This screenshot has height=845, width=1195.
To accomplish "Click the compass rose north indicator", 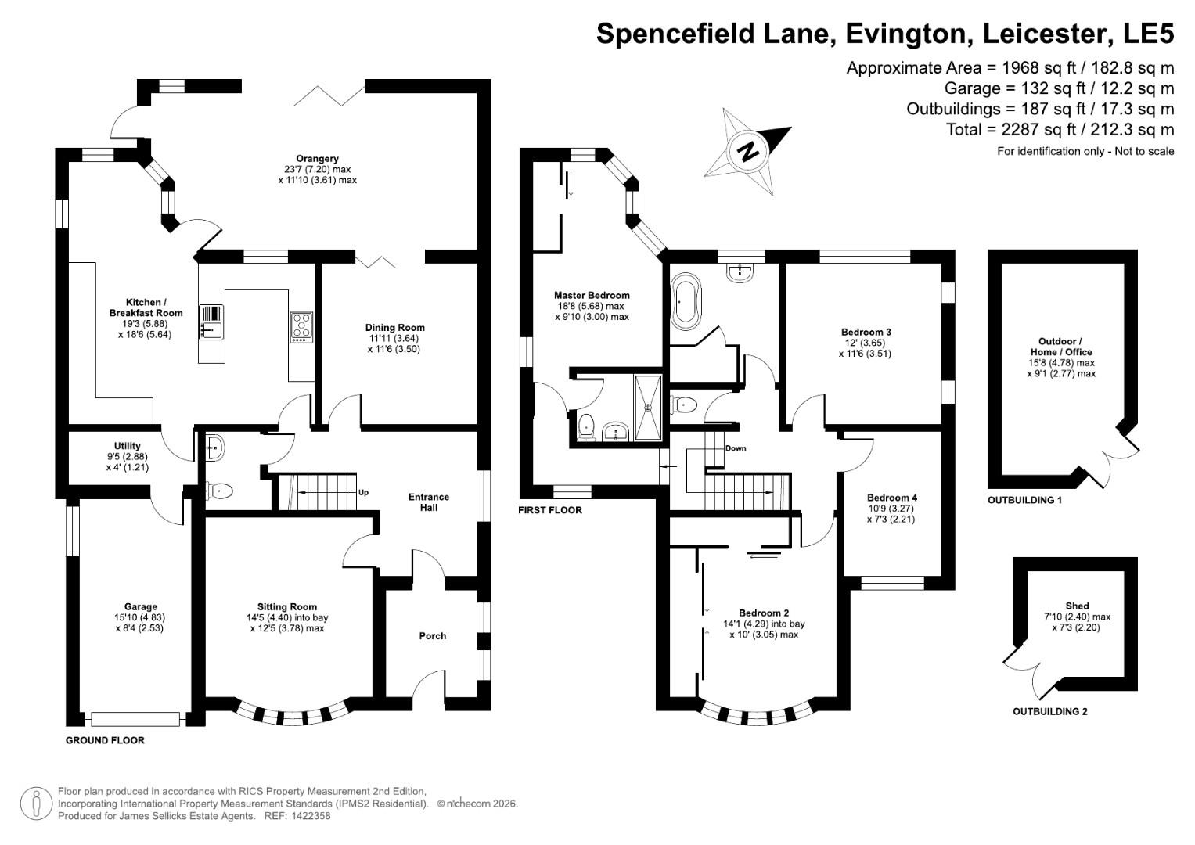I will (749, 149).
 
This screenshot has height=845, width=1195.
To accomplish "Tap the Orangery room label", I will (317, 159).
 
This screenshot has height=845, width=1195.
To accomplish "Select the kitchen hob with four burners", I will (301, 326).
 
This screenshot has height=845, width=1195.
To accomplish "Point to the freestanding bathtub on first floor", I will (688, 300).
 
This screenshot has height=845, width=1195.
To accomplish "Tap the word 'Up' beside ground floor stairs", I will (363, 493).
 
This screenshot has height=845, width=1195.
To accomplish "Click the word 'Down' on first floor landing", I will (736, 448).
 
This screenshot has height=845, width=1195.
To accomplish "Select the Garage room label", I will (141, 606).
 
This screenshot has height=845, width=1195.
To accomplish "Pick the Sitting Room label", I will (287, 606).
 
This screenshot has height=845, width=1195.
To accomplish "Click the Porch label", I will (433, 636).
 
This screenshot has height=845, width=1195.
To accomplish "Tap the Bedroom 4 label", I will (891, 498).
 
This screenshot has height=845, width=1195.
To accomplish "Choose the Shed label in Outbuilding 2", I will (1077, 606).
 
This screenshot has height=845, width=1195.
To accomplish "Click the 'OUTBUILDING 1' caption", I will (1024, 500).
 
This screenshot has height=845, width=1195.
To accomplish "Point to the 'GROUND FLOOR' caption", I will (105, 740).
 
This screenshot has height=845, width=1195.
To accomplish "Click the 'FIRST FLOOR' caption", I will (550, 510).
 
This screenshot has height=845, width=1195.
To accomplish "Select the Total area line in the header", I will (1060, 130).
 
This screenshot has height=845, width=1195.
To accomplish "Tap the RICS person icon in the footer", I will (37, 804).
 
